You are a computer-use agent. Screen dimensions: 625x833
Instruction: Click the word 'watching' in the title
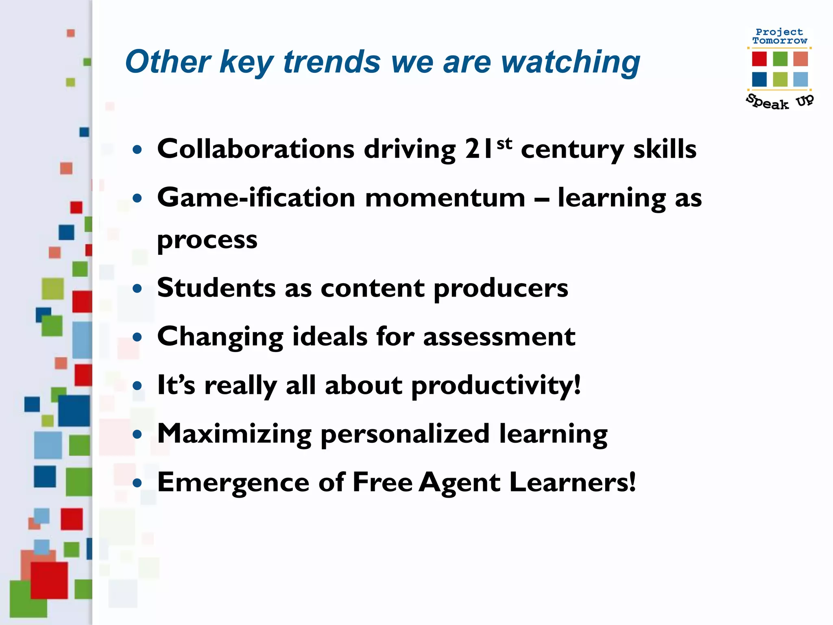(570, 62)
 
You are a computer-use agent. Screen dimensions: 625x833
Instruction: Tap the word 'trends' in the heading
(331, 62)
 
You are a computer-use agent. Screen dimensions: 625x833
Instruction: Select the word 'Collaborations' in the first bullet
(256, 149)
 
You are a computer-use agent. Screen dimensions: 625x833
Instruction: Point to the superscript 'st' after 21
(504, 143)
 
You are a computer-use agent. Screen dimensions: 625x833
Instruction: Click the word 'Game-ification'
(256, 198)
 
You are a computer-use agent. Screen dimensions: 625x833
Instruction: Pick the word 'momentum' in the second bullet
(445, 198)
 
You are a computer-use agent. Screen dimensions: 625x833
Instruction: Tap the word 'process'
(207, 240)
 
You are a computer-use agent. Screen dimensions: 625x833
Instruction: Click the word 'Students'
(216, 288)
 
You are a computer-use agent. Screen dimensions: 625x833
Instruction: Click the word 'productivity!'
(496, 386)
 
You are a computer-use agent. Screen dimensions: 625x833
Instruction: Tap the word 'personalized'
(405, 434)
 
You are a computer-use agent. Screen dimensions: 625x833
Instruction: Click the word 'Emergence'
(233, 483)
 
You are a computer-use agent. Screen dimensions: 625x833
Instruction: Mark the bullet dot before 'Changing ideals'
(137, 337)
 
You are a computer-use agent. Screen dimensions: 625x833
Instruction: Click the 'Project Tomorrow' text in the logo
(779, 36)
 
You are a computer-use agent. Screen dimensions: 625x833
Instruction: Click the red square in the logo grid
(759, 59)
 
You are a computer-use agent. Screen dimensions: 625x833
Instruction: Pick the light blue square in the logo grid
(800, 79)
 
